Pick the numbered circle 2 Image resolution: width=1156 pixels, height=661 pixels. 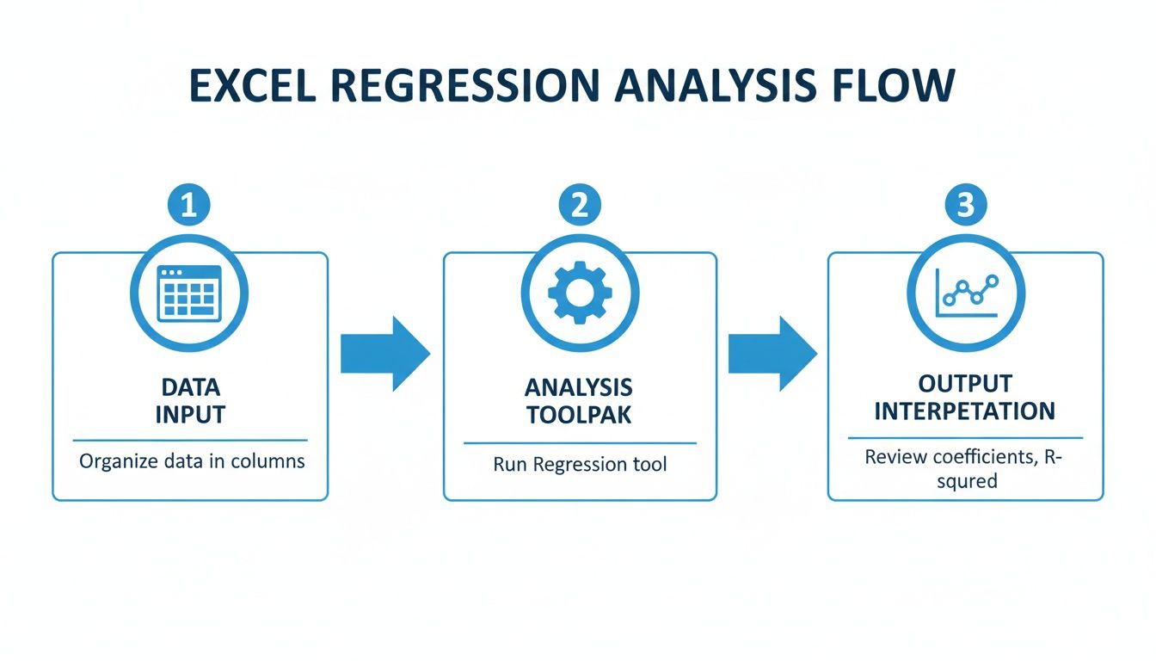579,206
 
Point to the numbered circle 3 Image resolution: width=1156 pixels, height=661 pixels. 965,206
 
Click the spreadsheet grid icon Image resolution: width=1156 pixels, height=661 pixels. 188,293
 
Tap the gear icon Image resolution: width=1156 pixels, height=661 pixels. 579,293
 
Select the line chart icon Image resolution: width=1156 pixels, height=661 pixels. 965,293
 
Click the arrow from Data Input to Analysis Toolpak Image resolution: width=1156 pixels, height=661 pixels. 384,354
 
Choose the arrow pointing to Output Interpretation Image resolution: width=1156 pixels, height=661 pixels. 772,354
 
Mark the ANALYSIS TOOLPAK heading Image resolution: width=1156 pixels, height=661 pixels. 579,400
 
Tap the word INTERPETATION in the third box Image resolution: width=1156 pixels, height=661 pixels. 964,411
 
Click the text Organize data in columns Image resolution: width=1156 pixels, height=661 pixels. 192,461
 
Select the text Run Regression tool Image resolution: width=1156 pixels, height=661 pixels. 579,465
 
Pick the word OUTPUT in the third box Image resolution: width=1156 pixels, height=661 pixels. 964,384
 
